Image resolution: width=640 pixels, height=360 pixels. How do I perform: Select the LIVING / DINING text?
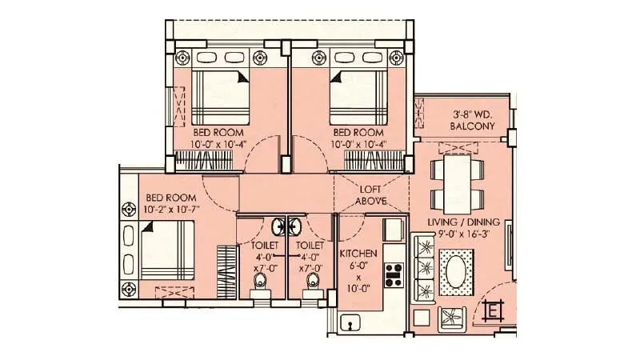[x=463, y=222]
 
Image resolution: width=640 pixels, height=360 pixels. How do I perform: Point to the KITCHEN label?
[x=358, y=253]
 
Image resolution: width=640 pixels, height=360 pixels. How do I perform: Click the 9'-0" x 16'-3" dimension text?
[x=463, y=234]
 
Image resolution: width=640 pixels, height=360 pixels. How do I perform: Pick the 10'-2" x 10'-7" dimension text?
[x=170, y=210]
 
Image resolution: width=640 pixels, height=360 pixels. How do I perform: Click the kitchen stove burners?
[x=393, y=274]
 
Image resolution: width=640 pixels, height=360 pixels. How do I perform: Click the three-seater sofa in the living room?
[x=421, y=268]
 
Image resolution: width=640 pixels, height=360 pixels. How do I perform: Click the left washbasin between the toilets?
[x=278, y=226]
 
